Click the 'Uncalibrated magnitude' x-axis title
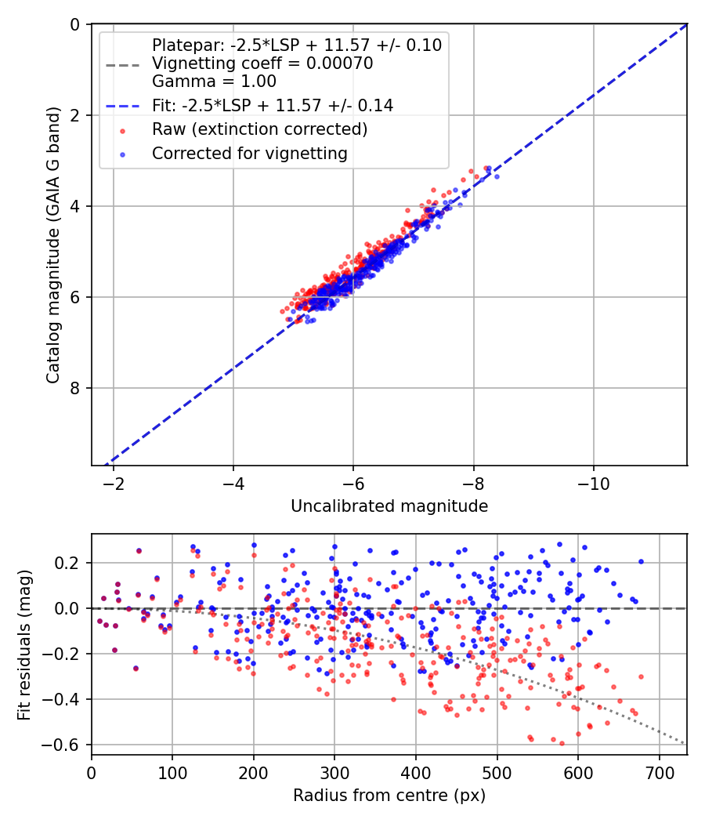(x=389, y=506)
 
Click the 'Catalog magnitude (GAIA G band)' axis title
(x=52, y=245)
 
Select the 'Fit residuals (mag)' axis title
(x=24, y=644)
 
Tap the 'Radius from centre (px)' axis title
(x=389, y=796)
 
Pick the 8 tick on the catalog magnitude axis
(x=75, y=388)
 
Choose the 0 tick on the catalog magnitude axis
(x=75, y=25)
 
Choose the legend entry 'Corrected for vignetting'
(x=249, y=154)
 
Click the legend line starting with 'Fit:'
(x=272, y=105)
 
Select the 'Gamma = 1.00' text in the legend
(x=214, y=81)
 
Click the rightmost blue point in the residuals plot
(x=641, y=561)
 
